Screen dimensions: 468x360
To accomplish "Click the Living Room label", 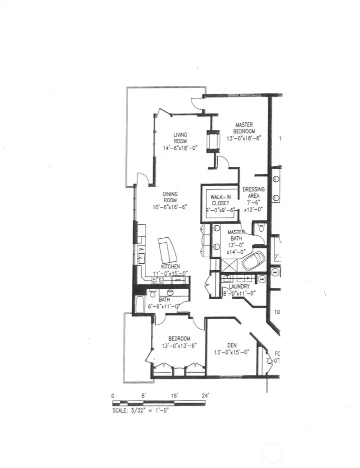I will pyautogui.click(x=180, y=138).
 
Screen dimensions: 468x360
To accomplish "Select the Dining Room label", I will pyautogui.click(x=170, y=197).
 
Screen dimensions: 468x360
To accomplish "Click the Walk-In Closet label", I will pyautogui.click(x=220, y=200).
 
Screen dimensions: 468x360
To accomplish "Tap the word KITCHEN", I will pyautogui.click(x=170, y=267).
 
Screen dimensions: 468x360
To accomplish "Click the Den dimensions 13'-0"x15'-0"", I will pyautogui.click(x=231, y=352).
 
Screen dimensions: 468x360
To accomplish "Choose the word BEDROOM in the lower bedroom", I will pyautogui.click(x=179, y=339).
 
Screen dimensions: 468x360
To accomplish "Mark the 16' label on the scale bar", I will pyautogui.click(x=174, y=396).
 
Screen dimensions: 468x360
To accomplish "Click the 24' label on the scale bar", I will pyautogui.click(x=205, y=396).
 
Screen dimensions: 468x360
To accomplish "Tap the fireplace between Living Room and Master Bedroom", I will pyautogui.click(x=213, y=140).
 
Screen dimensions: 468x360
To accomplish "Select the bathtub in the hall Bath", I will pyautogui.click(x=139, y=305).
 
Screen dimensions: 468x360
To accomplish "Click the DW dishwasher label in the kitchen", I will pyautogui.click(x=141, y=249).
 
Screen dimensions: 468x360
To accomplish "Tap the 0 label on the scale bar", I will pyautogui.click(x=113, y=396).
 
